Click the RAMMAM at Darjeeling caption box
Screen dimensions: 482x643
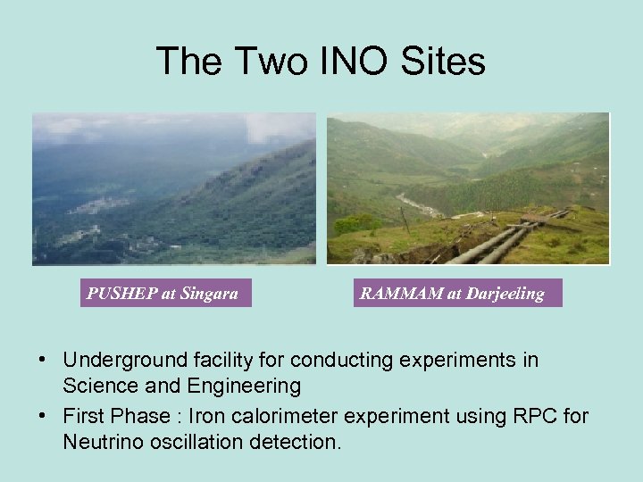[x=457, y=293]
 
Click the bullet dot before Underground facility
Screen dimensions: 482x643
[x=43, y=361]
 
